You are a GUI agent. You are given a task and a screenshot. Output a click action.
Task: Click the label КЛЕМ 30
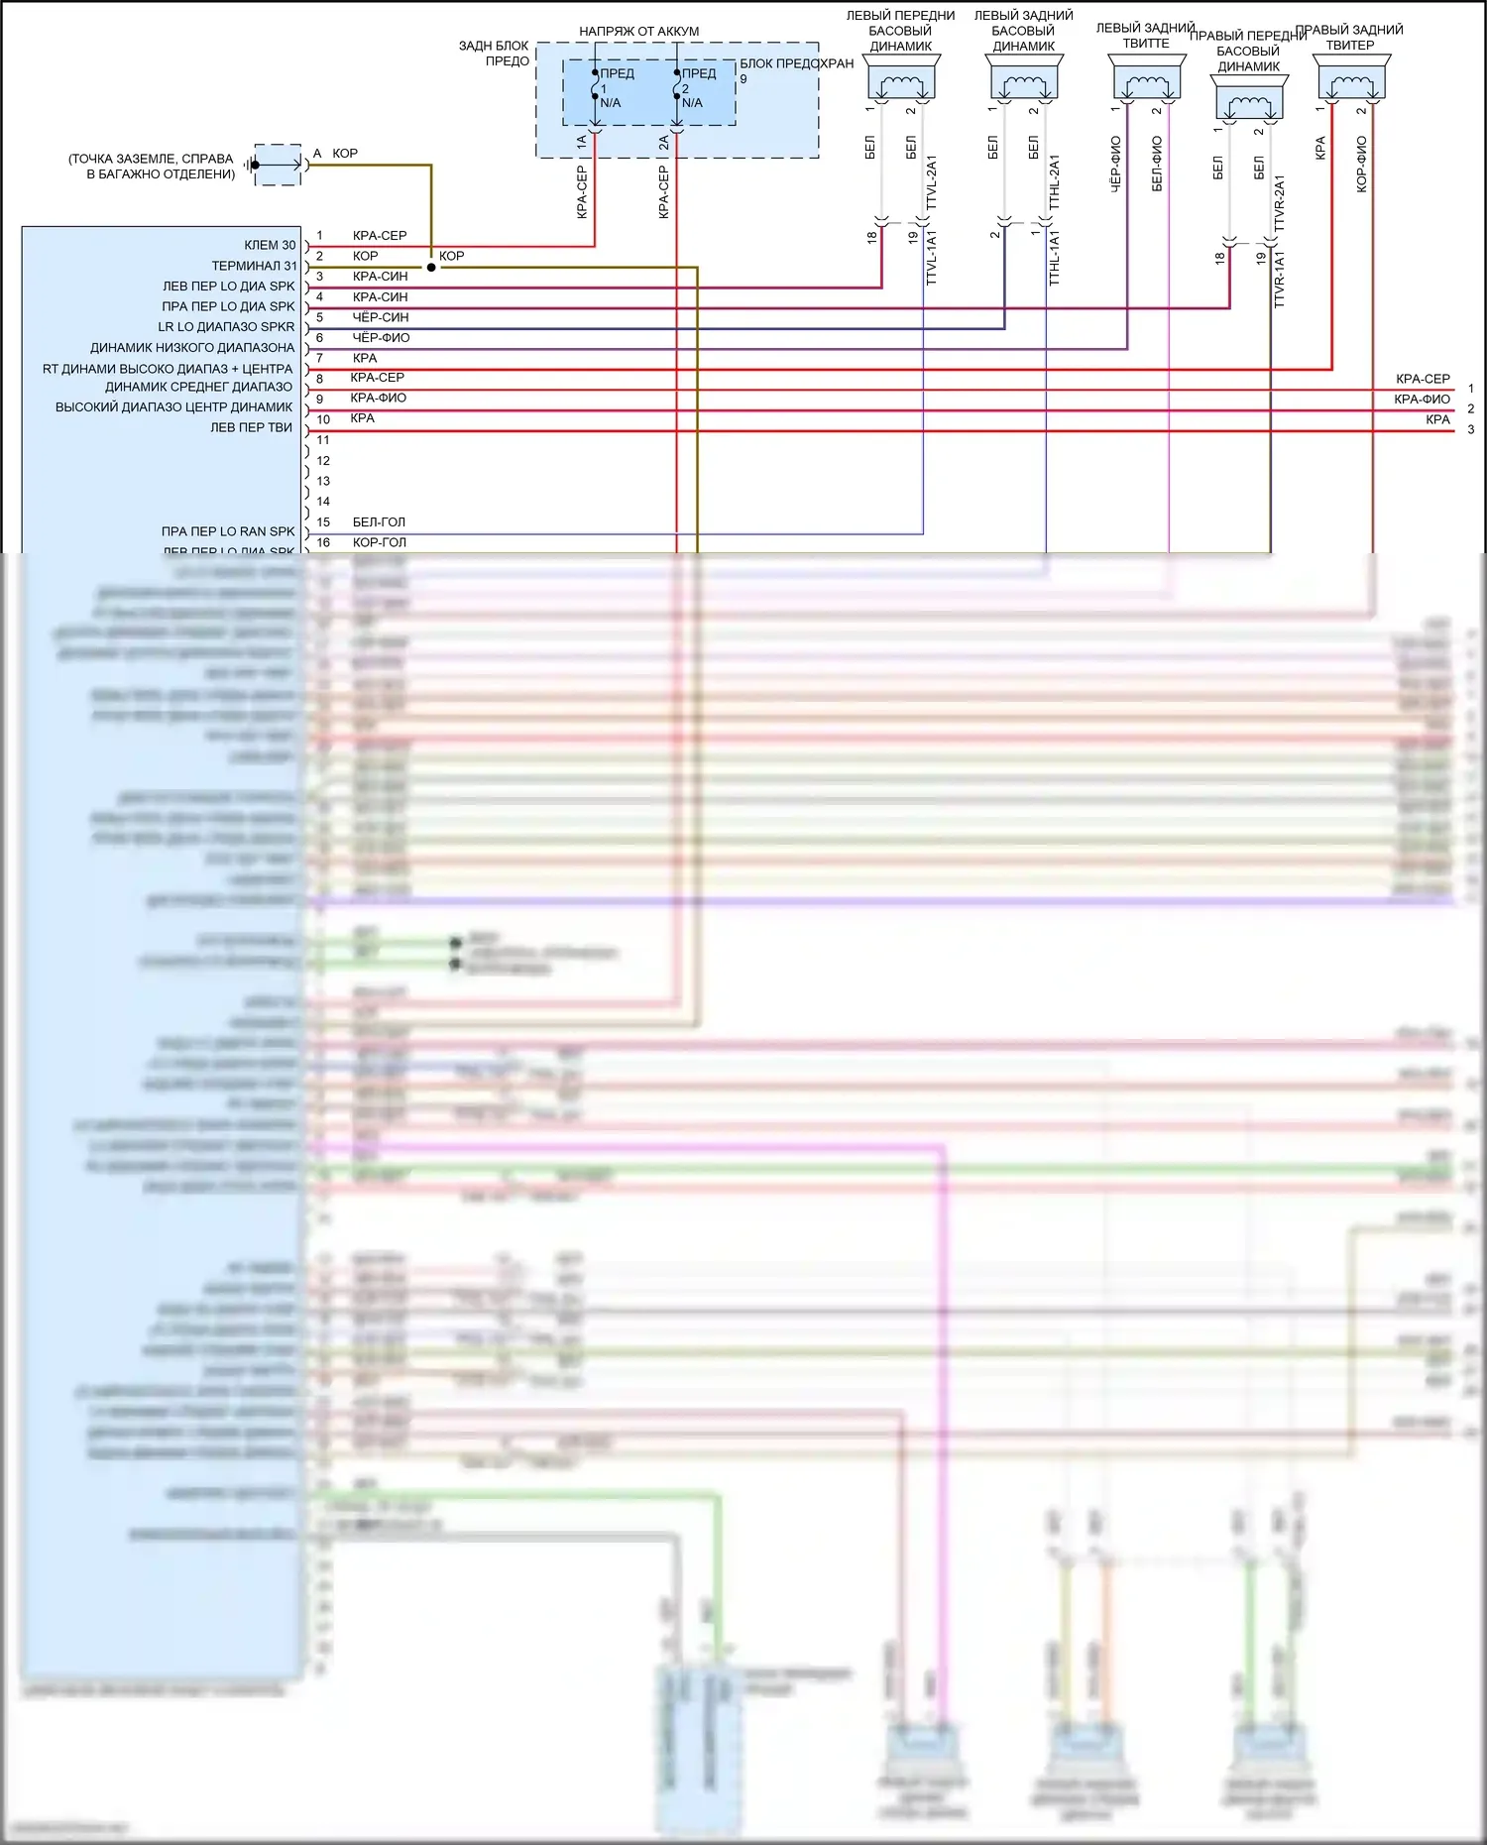point(270,245)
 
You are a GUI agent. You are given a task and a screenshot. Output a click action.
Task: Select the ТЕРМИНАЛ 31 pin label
point(254,266)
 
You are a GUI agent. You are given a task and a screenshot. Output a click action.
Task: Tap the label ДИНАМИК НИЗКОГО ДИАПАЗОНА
point(192,348)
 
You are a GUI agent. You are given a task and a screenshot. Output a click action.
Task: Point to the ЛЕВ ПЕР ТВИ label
point(251,427)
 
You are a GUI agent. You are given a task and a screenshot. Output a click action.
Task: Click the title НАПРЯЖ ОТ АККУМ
point(638,32)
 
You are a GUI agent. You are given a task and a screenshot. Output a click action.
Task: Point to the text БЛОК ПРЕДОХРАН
point(796,63)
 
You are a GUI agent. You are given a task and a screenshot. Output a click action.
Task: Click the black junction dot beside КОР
point(431,267)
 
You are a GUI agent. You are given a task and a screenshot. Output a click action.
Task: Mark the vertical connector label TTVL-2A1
point(932,181)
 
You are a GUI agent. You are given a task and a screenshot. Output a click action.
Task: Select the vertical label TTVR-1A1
point(1279,280)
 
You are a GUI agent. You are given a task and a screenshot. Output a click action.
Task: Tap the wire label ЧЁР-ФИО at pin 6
point(381,338)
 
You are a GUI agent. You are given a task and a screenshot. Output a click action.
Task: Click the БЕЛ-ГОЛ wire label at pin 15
point(379,522)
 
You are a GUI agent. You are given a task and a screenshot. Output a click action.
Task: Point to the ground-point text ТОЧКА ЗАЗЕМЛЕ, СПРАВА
point(151,159)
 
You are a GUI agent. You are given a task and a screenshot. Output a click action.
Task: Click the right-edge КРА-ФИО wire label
point(1422,400)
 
